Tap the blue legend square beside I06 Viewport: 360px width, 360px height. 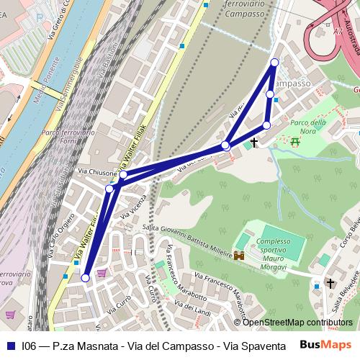pyautogui.click(x=12, y=346)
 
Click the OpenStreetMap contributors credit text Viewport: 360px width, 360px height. pyautogui.click(x=297, y=323)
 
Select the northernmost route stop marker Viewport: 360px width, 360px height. pyautogui.click(x=274, y=63)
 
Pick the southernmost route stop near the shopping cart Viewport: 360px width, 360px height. pyautogui.click(x=86, y=277)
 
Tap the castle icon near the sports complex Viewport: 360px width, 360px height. pyautogui.click(x=240, y=255)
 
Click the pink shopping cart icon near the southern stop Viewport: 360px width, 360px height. pyautogui.click(x=102, y=273)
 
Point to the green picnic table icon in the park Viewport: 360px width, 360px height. pyautogui.click(x=295, y=142)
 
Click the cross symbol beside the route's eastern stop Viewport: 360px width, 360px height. pyautogui.click(x=254, y=143)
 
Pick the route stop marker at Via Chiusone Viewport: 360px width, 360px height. pyautogui.click(x=123, y=175)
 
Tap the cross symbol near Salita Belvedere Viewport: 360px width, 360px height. pyautogui.click(x=330, y=283)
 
